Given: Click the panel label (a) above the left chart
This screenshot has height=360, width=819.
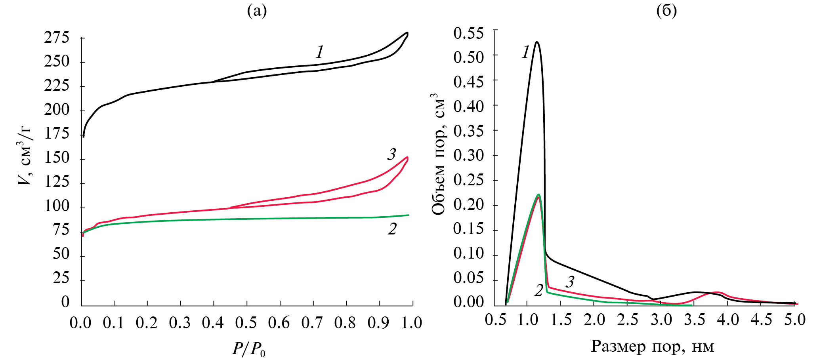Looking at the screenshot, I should coord(257,11).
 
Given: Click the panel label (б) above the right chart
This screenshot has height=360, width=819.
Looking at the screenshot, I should coord(666,11).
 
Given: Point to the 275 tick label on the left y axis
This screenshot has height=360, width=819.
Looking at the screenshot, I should coord(57,38).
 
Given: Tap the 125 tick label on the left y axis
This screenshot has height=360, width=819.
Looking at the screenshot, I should coord(57,183).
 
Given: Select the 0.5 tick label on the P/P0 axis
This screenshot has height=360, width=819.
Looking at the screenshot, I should coord(246,323).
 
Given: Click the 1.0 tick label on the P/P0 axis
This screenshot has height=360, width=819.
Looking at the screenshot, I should coord(411,323).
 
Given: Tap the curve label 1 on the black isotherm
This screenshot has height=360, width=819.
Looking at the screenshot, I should coord(319,52).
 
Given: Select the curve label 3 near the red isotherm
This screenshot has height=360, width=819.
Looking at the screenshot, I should coord(391,154).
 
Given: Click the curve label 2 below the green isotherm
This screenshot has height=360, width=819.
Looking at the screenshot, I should coord(392,229).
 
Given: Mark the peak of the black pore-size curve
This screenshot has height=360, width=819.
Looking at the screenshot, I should coord(537,42).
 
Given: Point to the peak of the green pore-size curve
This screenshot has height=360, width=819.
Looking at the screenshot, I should coord(538,194).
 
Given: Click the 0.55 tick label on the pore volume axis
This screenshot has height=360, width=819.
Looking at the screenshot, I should coord(468,32).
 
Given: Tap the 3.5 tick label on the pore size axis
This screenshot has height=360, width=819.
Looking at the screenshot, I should coord(695,320).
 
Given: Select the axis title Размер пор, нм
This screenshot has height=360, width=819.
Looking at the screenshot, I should coord(652,346).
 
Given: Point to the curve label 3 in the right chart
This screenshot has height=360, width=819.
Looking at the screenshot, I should coord(570,282).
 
